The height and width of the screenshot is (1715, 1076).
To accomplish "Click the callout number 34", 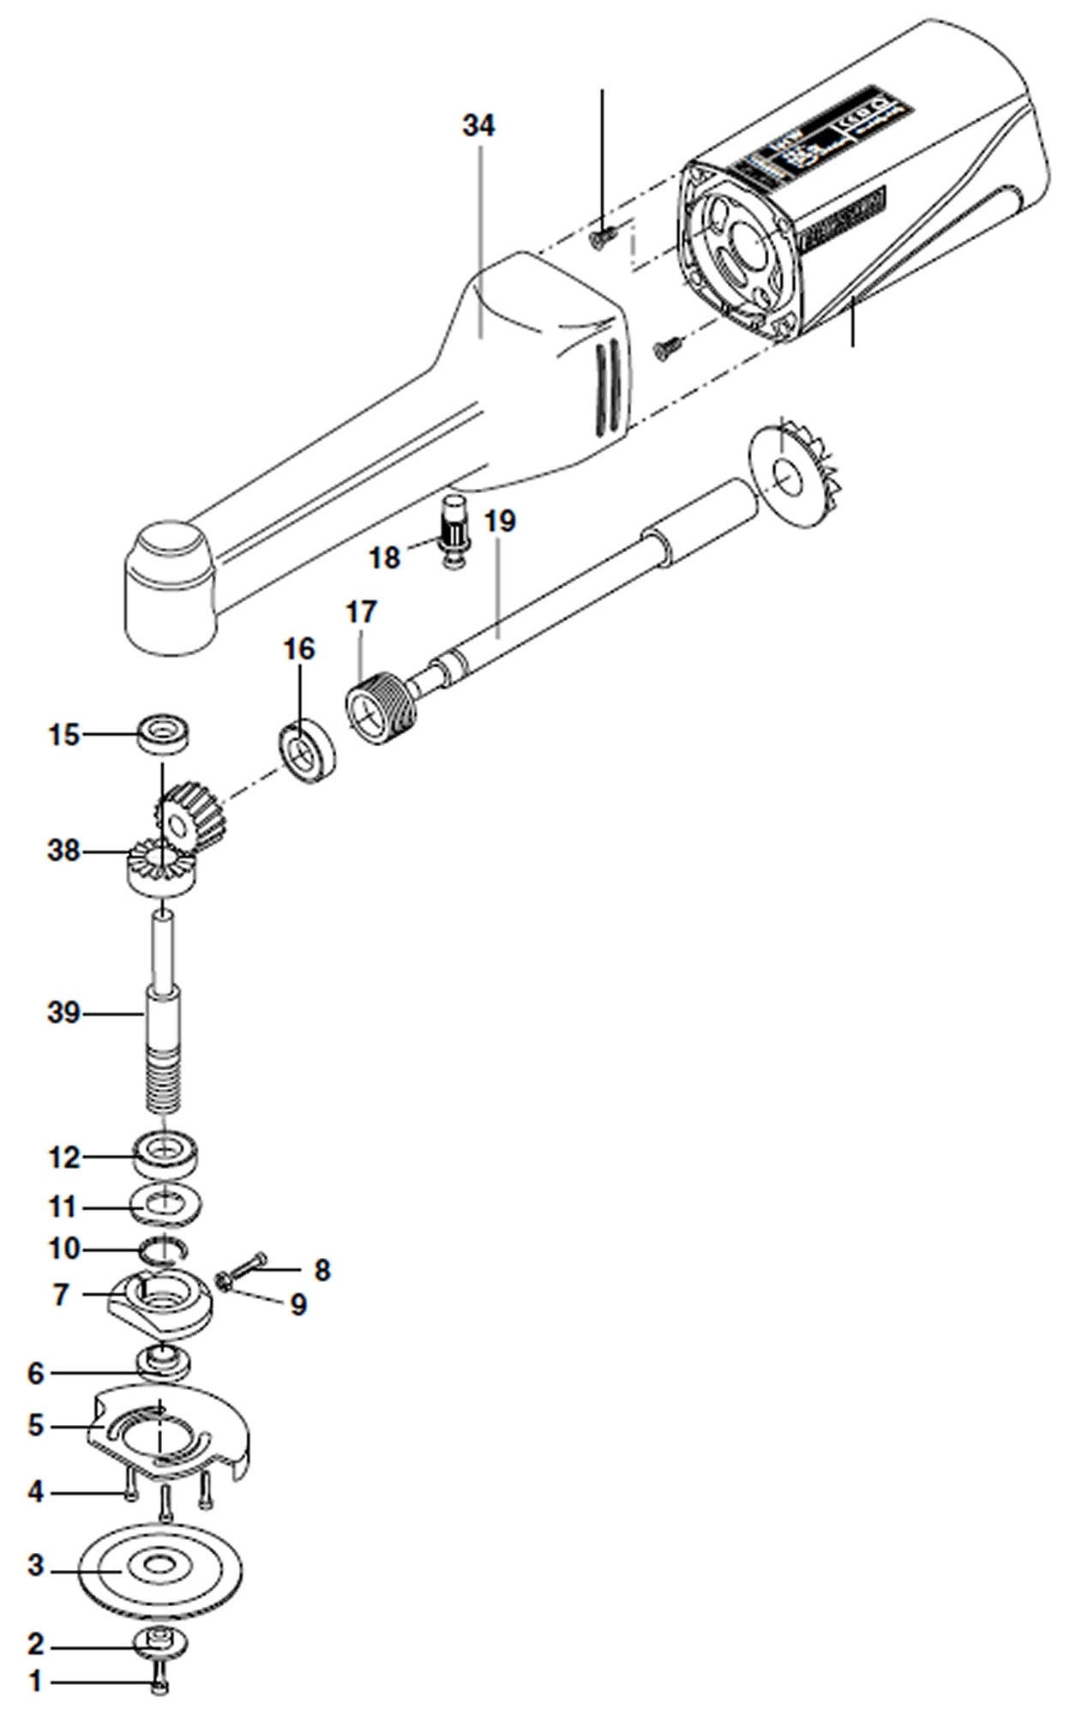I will coord(478,126).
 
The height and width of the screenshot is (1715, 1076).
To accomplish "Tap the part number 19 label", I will coord(499,521).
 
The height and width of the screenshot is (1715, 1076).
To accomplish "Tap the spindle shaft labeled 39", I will coord(163,1012).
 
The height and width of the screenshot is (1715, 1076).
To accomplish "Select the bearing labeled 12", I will coord(166,1156).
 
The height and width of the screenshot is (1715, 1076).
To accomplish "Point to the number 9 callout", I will coord(298,1304).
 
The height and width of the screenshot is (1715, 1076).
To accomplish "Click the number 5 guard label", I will coord(35,1424).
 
